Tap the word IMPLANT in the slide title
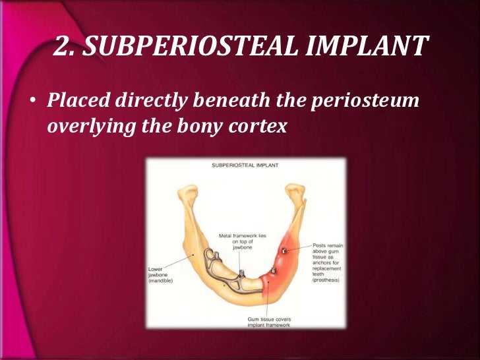[x=371, y=48]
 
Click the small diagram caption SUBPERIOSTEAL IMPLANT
[x=245, y=165]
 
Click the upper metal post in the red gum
[x=284, y=251]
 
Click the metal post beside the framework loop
[x=241, y=273]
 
